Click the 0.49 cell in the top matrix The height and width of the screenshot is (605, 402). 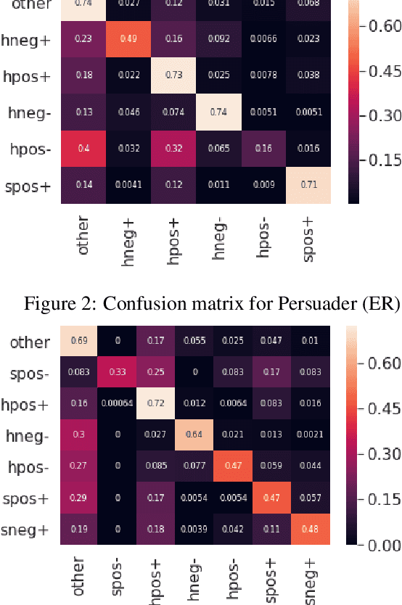(128, 40)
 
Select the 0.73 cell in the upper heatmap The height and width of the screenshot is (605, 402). (173, 76)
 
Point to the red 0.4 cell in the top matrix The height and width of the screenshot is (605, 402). (83, 149)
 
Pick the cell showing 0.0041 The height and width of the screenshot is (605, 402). (128, 185)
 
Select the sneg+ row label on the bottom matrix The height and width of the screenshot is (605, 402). (25, 530)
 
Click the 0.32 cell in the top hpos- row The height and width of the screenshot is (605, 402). (173, 149)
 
